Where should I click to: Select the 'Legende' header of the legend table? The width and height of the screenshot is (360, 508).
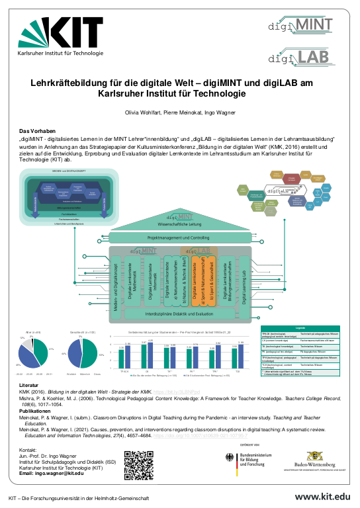(300, 328)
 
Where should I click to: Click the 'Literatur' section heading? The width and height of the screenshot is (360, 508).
(29, 384)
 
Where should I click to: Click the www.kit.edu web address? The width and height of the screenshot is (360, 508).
(322, 497)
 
